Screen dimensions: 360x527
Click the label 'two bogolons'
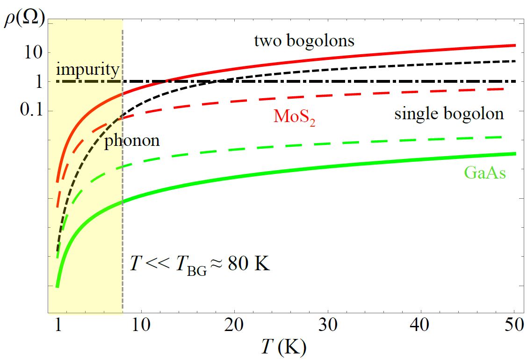(304, 41)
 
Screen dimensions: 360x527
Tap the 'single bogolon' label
(449, 114)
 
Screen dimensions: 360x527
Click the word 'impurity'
(87, 70)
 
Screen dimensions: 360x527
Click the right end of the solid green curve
(514, 154)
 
